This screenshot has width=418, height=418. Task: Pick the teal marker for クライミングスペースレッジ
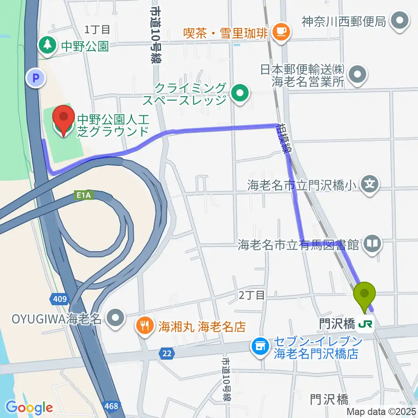click(239, 92)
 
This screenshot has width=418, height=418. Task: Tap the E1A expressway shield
click(86, 196)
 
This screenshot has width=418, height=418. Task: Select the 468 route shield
click(111, 405)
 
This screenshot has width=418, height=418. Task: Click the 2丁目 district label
click(252, 295)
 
